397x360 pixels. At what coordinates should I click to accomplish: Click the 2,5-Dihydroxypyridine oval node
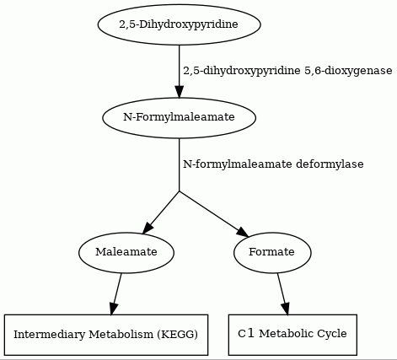[x=180, y=24]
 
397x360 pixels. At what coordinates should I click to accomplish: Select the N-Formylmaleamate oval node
[x=180, y=117]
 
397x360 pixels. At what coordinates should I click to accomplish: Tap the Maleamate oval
[x=126, y=252]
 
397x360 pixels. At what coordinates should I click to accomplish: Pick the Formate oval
[x=272, y=252]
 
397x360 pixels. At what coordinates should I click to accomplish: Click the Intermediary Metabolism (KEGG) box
[x=106, y=335]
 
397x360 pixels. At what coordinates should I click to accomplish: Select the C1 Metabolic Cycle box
[x=292, y=335]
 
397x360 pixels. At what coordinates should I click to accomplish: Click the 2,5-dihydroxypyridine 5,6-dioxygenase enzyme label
[x=287, y=71]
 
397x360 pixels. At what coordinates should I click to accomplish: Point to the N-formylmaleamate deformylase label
[x=273, y=164]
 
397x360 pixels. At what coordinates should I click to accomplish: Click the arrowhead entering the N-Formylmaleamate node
[x=180, y=92]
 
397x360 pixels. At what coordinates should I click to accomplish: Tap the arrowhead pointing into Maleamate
[x=148, y=228]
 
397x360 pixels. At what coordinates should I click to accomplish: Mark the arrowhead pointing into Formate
[x=243, y=233]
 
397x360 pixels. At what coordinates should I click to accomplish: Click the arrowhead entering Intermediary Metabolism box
[x=113, y=309]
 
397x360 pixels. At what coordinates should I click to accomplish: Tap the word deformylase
[x=330, y=164]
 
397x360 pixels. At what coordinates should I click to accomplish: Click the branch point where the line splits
[x=180, y=191]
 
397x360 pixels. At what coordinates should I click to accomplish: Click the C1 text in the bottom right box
[x=246, y=334]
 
